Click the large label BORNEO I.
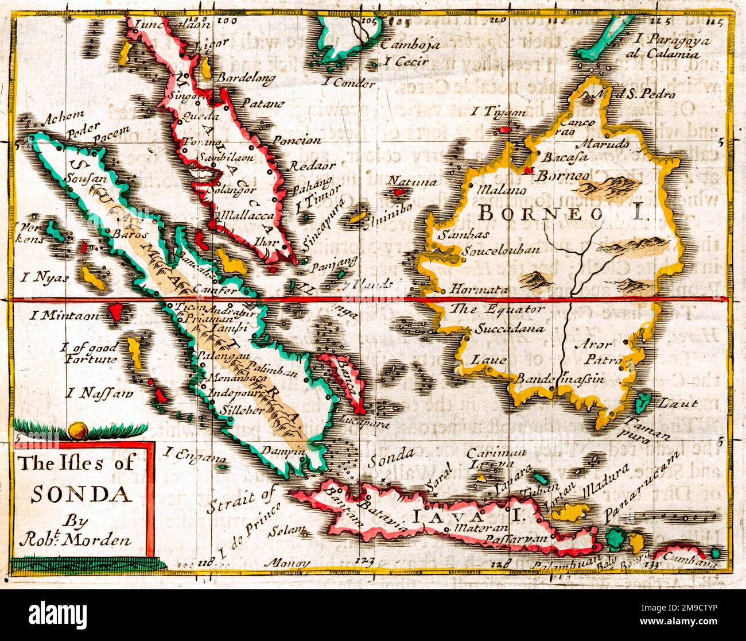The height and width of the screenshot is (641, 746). [x=562, y=214]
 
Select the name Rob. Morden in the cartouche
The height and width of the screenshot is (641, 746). [x=75, y=539]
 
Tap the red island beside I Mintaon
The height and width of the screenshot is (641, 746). [x=115, y=312]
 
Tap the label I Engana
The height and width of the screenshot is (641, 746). [x=187, y=455]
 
